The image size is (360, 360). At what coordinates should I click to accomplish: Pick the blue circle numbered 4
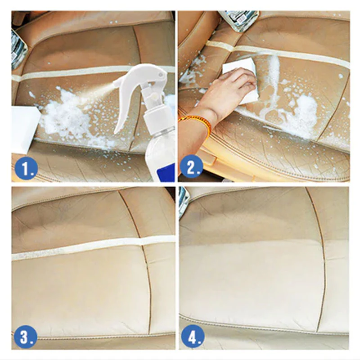pyautogui.click(x=193, y=337)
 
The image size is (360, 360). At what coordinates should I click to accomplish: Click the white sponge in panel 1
pyautogui.click(x=25, y=129)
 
